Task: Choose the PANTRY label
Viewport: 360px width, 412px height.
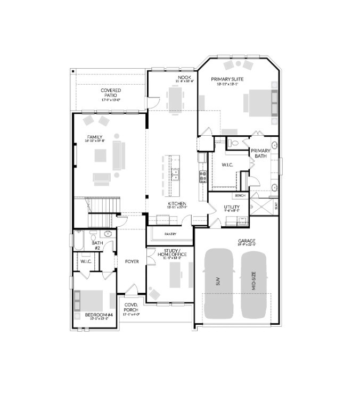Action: pyautogui.click(x=170, y=234)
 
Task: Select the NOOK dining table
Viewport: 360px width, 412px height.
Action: pyautogui.click(x=175, y=97)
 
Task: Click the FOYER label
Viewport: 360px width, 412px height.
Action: pyautogui.click(x=132, y=261)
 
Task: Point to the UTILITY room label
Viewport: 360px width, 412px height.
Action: pyautogui.click(x=232, y=207)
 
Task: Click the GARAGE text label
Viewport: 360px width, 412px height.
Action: pyautogui.click(x=247, y=241)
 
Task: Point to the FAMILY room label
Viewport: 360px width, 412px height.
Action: pyautogui.click(x=95, y=137)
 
